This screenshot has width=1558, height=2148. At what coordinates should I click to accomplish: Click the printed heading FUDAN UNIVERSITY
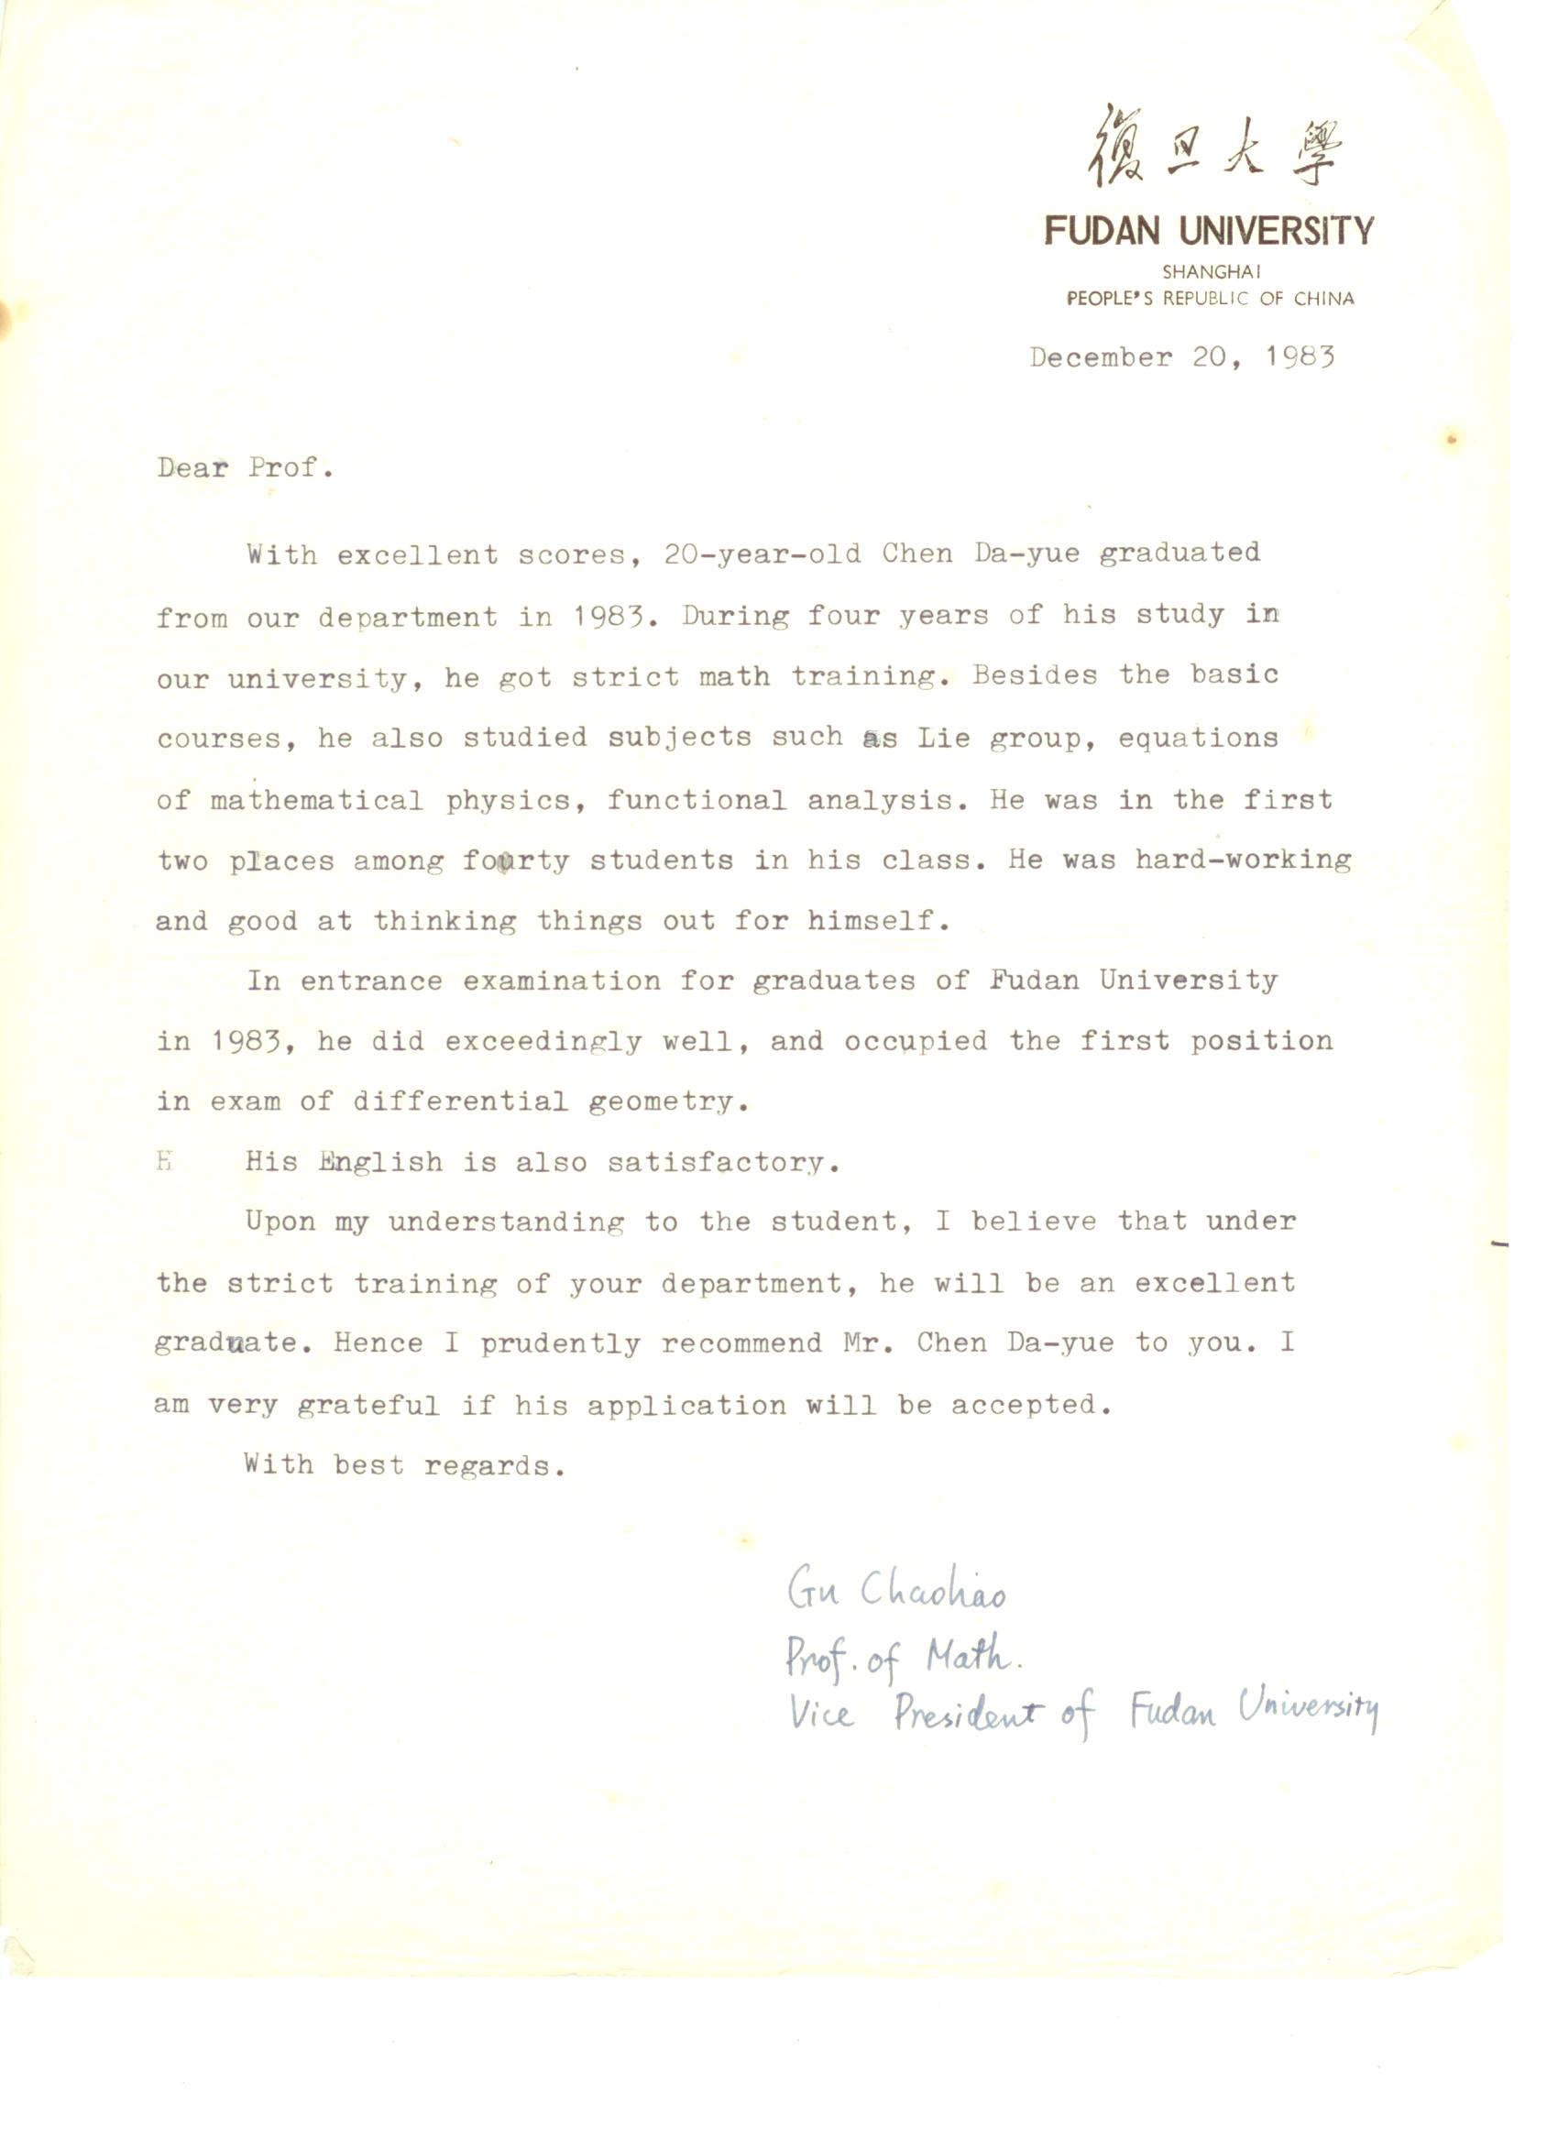1209,231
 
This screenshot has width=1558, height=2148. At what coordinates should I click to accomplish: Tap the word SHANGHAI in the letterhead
1211,272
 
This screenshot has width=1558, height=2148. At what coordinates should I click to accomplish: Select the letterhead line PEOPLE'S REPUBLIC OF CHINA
1210,299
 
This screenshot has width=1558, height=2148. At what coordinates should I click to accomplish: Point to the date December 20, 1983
1181,358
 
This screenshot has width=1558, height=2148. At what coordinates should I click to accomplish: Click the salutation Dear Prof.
246,468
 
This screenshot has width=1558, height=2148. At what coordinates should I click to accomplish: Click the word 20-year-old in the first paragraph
763,553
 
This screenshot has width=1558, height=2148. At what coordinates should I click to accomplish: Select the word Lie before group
943,738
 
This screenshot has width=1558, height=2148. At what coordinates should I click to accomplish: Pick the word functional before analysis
697,800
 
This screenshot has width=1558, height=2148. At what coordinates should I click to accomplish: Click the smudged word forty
516,860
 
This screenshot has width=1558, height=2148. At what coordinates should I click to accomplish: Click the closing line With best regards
404,1466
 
